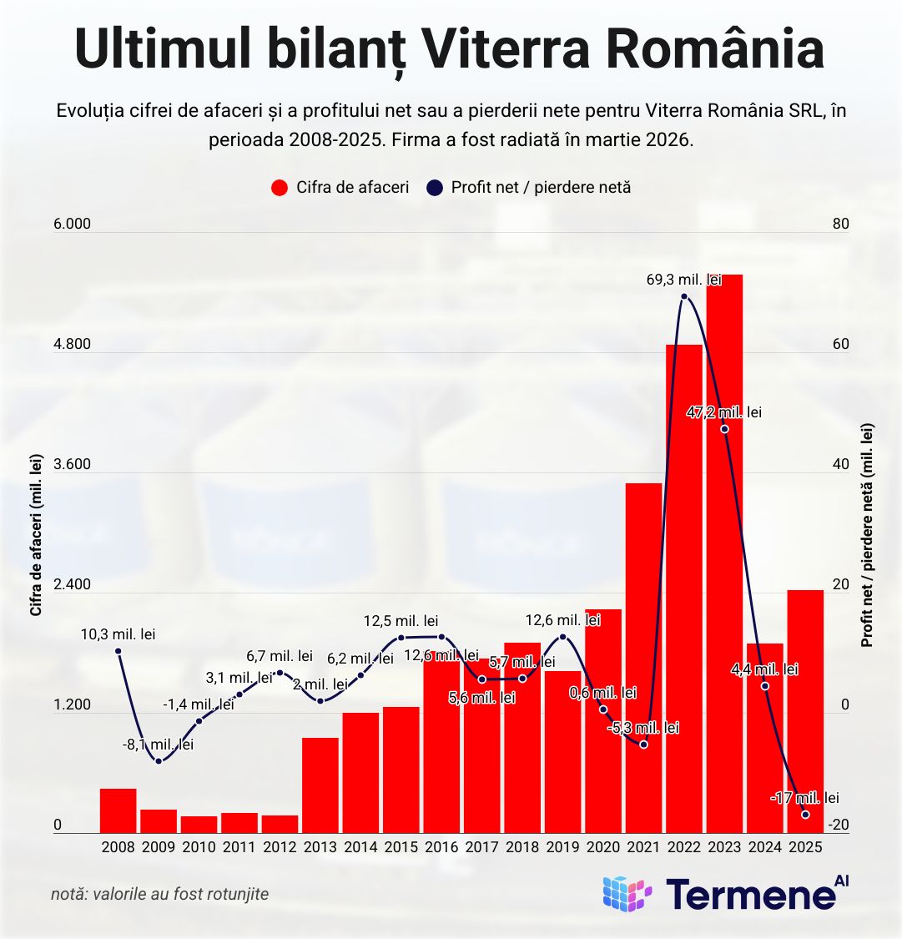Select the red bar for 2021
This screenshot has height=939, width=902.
coord(643,659)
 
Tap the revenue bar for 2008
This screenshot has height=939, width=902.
coord(118,810)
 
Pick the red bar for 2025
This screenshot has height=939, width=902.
coord(805,709)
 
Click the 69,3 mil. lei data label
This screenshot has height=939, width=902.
coord(683,280)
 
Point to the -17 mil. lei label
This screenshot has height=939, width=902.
coord(804,798)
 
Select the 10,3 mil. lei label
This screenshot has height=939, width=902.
coord(118,634)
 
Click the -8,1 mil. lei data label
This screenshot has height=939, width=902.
coord(159,744)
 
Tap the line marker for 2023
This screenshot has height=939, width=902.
coord(724,429)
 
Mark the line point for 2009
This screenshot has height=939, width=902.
coord(159,760)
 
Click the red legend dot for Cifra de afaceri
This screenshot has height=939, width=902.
coord(280,188)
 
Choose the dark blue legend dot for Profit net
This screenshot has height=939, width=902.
coord(435,188)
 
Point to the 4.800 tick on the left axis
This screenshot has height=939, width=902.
coord(72,345)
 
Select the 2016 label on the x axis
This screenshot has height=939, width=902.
coord(441,847)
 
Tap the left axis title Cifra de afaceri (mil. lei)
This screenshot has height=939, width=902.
coord(36,535)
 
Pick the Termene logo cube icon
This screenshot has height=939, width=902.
coord(627,894)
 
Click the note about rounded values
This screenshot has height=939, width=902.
coord(159,894)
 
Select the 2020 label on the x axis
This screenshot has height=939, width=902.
coord(603,847)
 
